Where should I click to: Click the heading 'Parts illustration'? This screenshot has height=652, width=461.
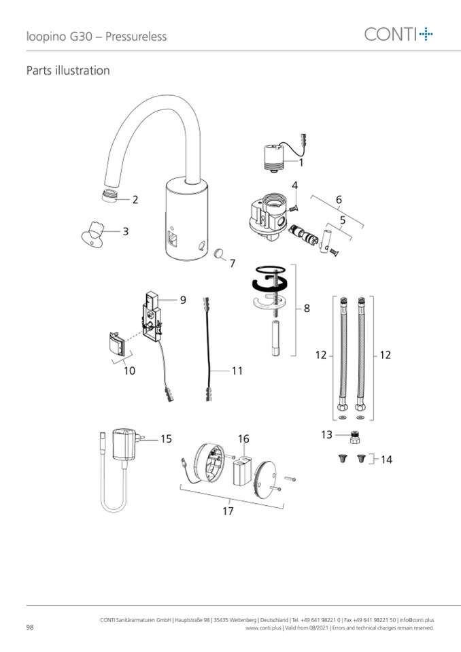click(67, 71)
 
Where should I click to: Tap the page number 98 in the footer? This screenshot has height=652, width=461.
click(30, 627)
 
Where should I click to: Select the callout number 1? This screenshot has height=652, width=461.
click(301, 162)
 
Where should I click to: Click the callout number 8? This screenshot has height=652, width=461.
click(307, 308)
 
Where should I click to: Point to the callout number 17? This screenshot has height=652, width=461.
click(228, 511)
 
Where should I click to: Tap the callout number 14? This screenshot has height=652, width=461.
click(386, 460)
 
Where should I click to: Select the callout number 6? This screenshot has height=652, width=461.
click(338, 200)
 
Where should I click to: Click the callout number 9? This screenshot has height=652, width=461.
click(183, 299)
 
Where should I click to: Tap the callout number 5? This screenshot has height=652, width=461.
click(343, 220)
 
